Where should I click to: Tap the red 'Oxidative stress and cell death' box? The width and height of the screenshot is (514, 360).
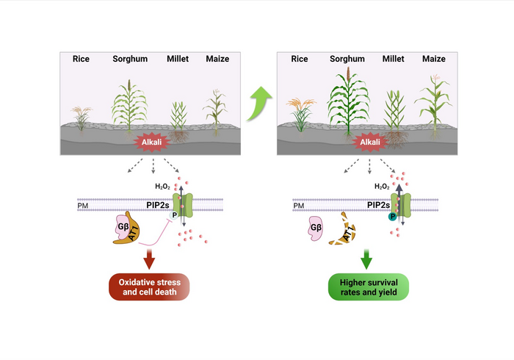(x=149, y=286)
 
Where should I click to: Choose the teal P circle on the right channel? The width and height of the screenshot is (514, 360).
(x=393, y=217)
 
